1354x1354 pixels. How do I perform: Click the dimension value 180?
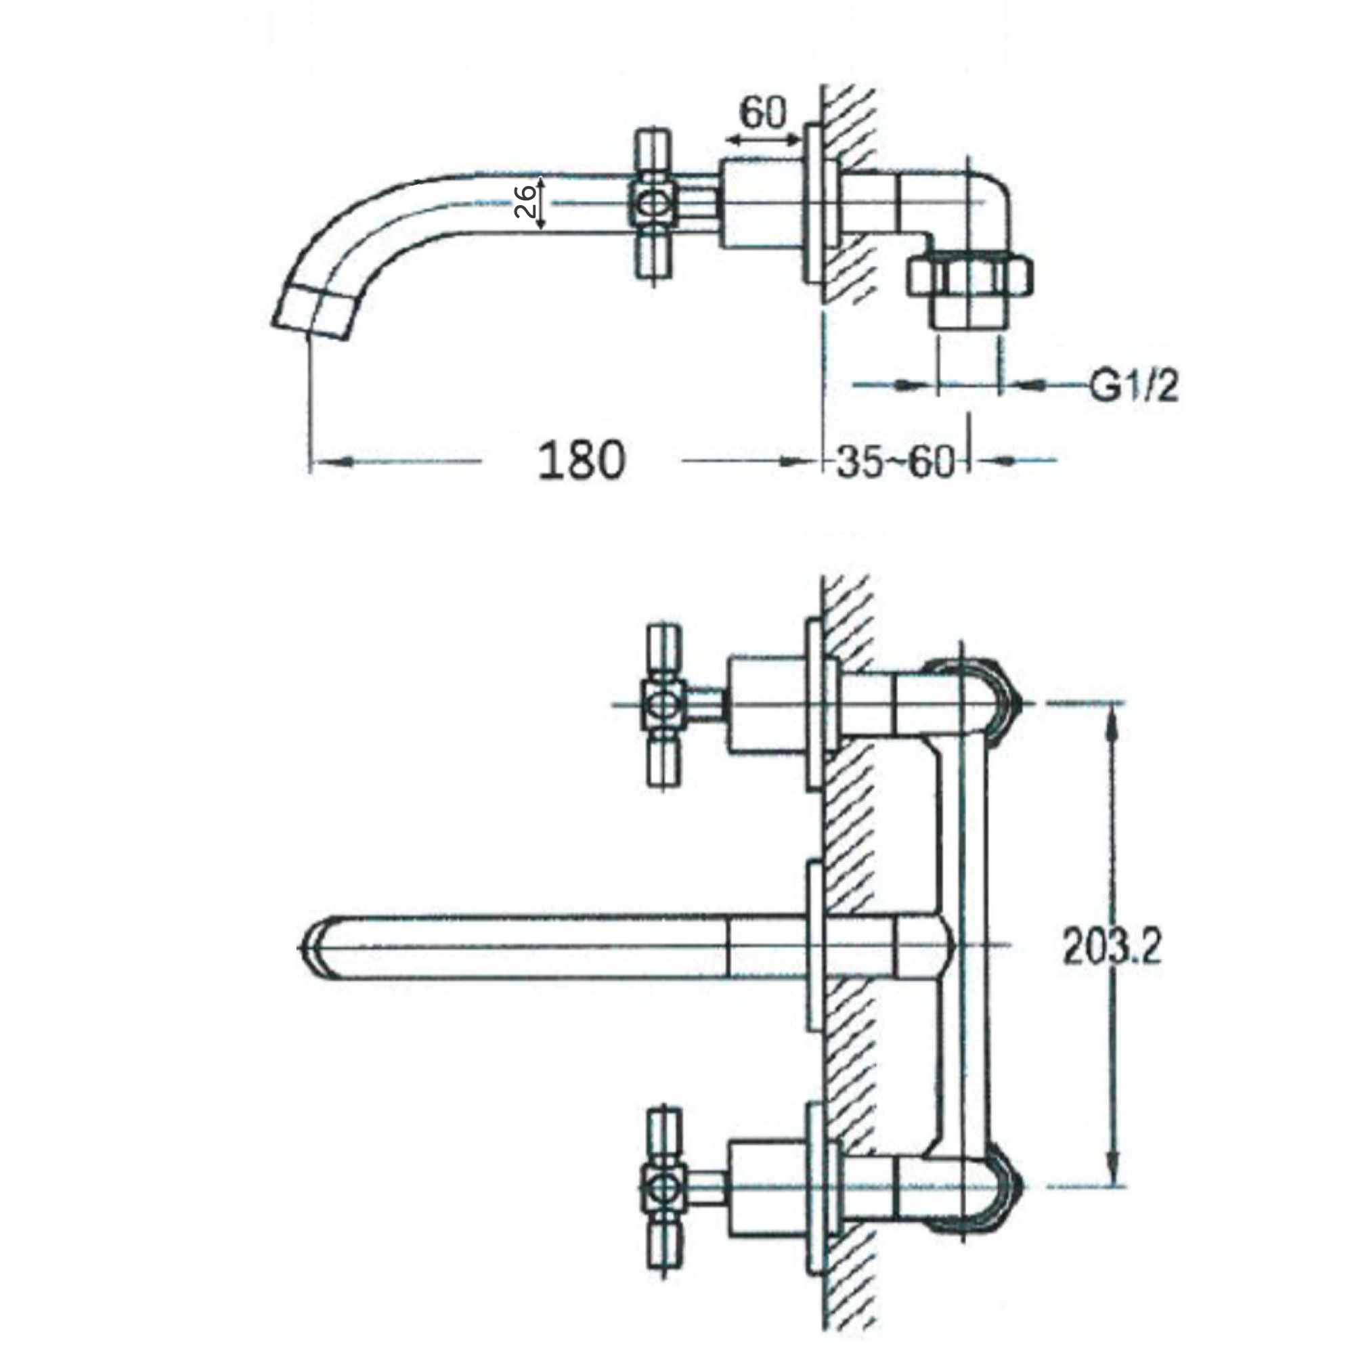click(x=580, y=461)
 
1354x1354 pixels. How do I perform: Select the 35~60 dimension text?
click(x=896, y=462)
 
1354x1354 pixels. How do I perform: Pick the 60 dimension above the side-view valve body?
click(x=763, y=114)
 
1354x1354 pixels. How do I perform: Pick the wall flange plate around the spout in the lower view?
click(x=814, y=947)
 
